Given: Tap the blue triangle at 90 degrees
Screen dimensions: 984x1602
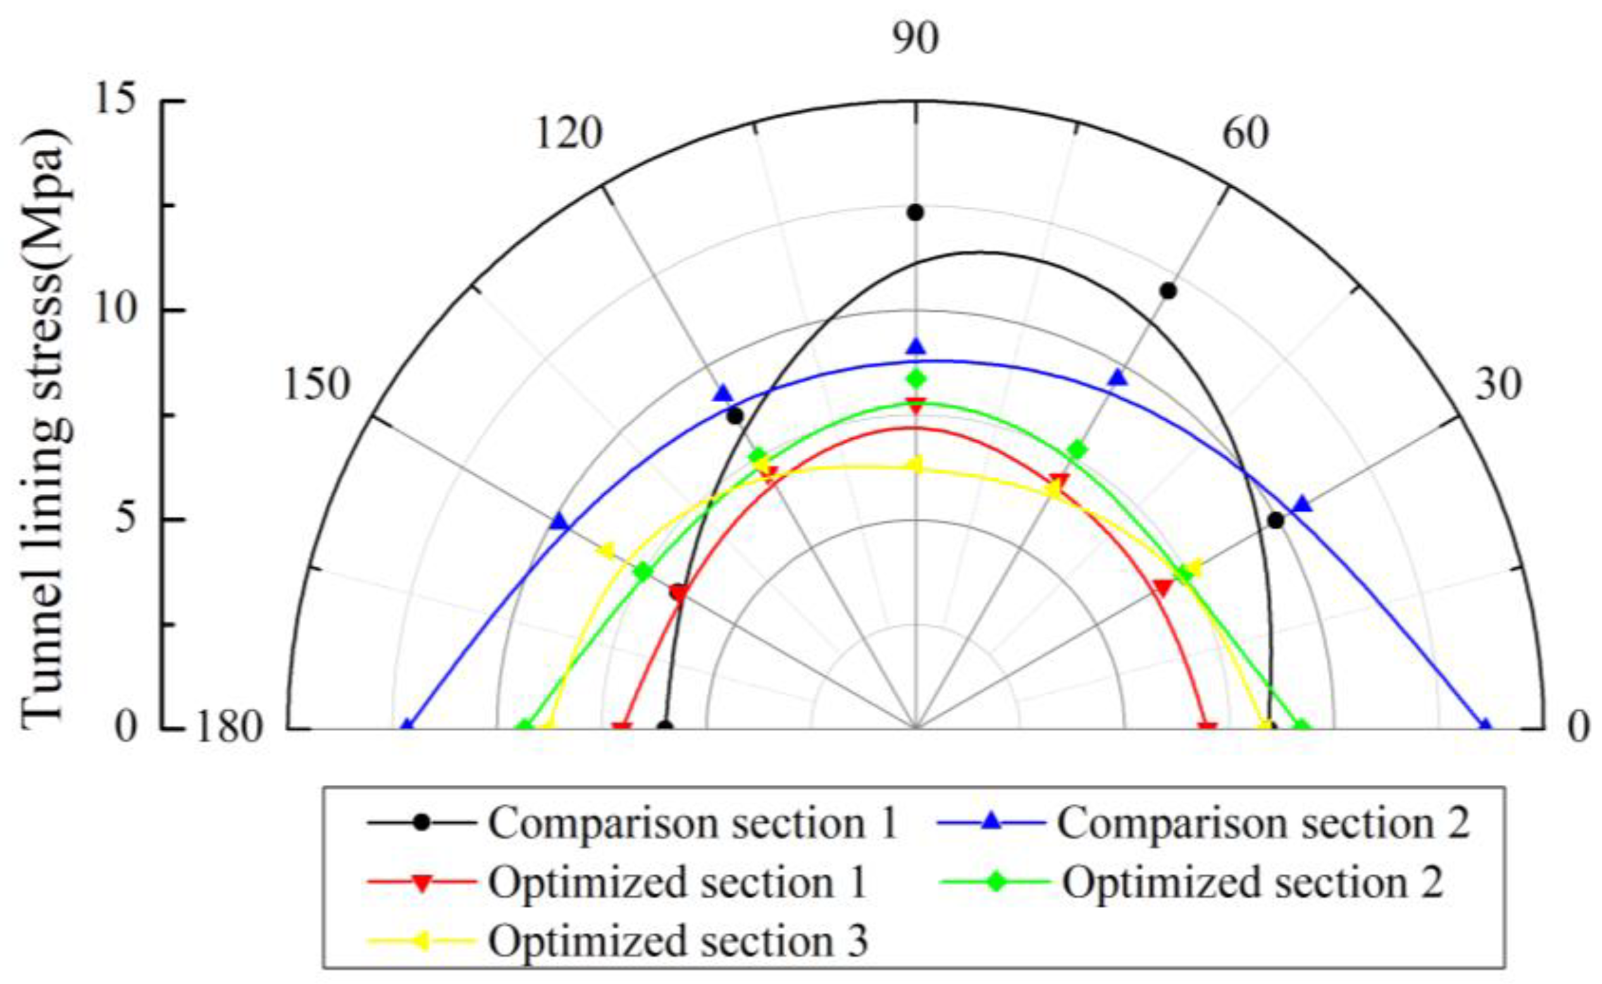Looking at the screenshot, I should pyautogui.click(x=917, y=347).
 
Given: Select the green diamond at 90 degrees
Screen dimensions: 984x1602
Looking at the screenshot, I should pyautogui.click(x=917, y=379).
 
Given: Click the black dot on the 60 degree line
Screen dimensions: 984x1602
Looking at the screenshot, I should pyautogui.click(x=1169, y=291).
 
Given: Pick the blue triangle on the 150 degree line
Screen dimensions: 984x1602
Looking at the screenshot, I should pyautogui.click(x=559, y=522).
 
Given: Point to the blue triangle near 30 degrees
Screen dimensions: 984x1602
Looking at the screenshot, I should pyautogui.click(x=1302, y=505).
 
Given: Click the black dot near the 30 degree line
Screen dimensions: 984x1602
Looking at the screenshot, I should pyautogui.click(x=1276, y=520).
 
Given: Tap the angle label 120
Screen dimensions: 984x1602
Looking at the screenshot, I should pyautogui.click(x=568, y=134).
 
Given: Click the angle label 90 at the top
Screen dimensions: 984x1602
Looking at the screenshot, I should pyautogui.click(x=916, y=39).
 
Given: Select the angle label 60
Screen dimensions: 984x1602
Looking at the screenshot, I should pyautogui.click(x=1246, y=134).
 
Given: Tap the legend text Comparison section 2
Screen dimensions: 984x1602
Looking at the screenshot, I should pyautogui.click(x=1263, y=823).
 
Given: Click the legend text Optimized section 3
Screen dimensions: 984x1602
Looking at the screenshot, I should pyautogui.click(x=678, y=940).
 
